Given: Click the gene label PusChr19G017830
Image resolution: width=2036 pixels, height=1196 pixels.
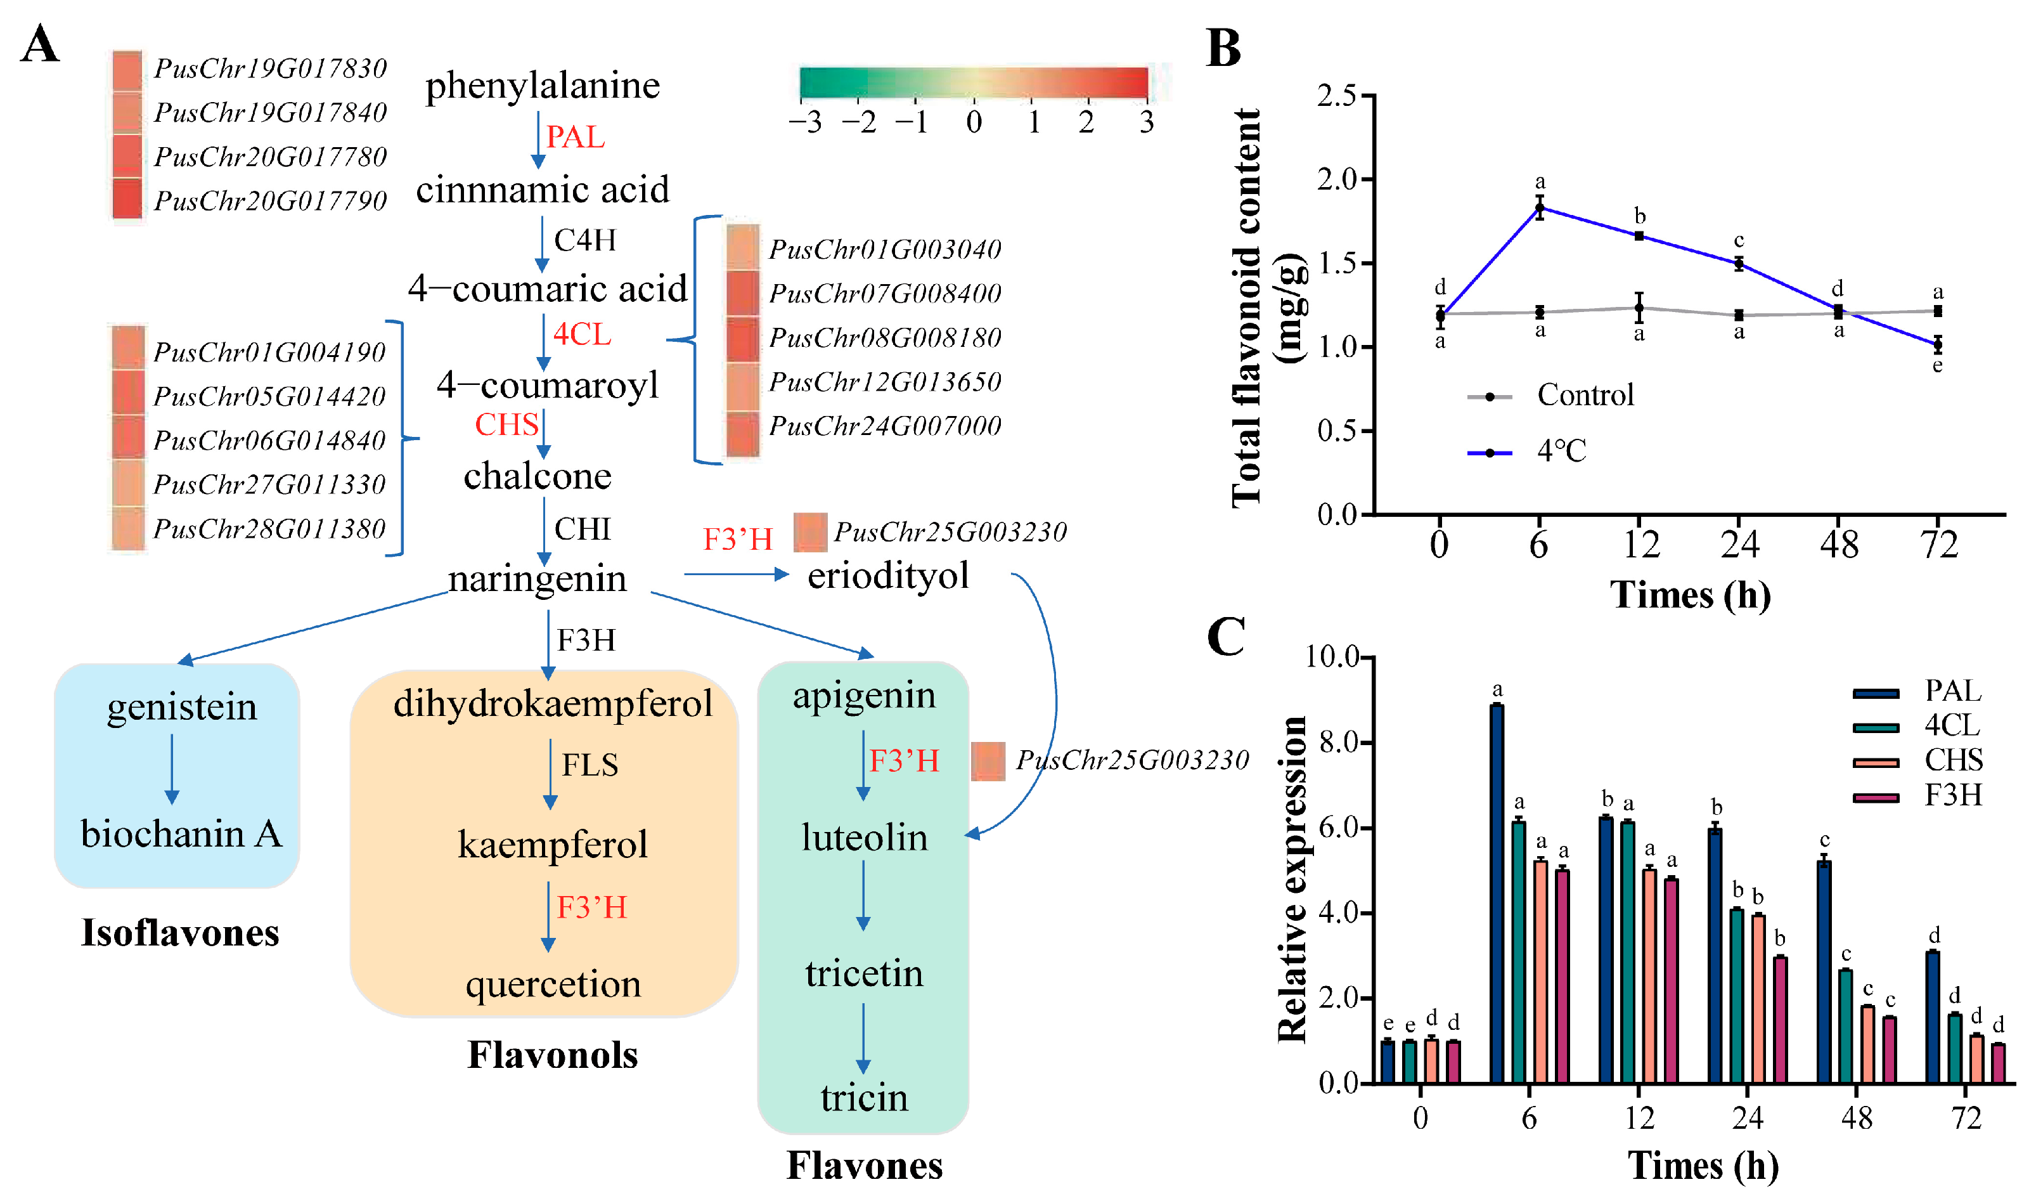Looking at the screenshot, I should click(270, 68).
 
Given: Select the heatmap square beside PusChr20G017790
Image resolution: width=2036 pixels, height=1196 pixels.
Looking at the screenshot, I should click(127, 198).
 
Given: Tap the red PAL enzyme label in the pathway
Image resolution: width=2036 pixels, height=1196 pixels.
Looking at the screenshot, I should click(576, 136).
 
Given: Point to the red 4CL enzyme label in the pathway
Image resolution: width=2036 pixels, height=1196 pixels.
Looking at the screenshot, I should click(582, 334).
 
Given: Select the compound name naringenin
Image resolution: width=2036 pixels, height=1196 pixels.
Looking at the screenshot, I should click(538, 578).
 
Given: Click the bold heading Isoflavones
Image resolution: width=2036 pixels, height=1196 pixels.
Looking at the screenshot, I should click(180, 933).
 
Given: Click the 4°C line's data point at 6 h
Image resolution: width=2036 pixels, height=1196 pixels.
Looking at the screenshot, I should click(1540, 208).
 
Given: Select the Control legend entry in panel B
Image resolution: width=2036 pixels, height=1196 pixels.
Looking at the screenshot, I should click(1551, 396).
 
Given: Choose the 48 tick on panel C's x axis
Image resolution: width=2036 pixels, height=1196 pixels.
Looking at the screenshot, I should click(1857, 1119).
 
